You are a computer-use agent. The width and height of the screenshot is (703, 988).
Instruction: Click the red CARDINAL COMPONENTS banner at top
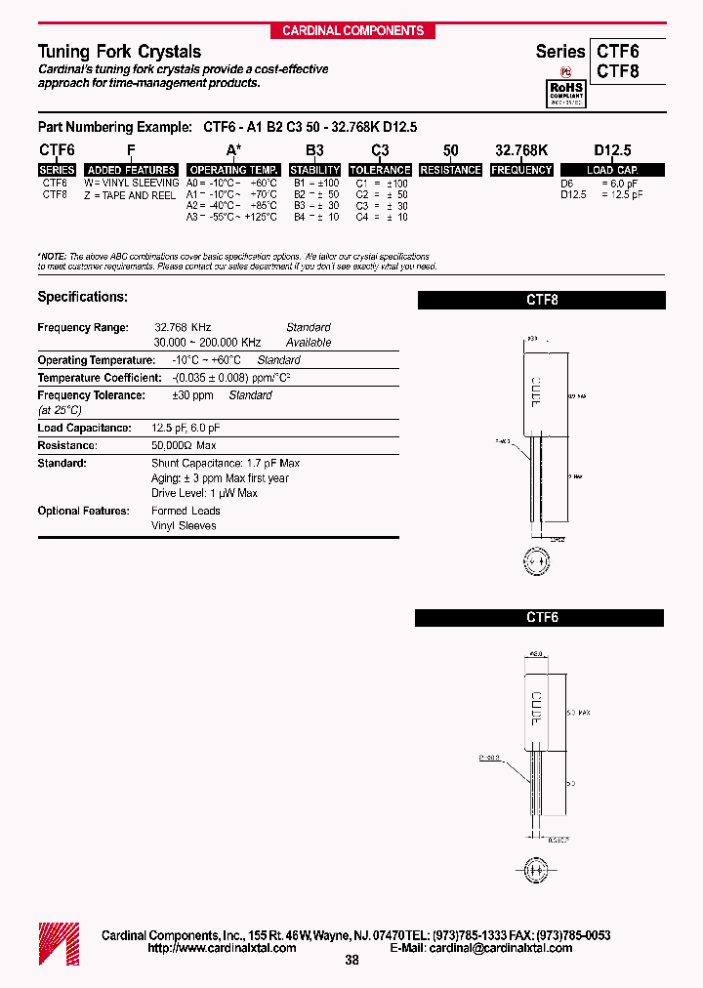(x=352, y=31)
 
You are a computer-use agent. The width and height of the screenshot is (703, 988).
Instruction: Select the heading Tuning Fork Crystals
(x=119, y=52)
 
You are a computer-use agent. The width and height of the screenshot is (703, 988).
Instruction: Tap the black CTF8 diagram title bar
(x=541, y=301)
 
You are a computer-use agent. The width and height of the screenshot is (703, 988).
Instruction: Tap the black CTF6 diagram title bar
(x=541, y=618)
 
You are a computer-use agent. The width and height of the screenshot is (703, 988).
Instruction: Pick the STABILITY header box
(x=314, y=170)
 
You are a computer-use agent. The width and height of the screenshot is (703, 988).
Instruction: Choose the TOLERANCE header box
(x=380, y=170)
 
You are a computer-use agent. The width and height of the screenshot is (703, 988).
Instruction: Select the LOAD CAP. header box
(x=613, y=170)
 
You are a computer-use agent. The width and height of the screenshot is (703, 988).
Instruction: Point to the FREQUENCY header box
(x=521, y=170)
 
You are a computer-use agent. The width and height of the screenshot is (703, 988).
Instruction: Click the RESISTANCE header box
(x=450, y=170)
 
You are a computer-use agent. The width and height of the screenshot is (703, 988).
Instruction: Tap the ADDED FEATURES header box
(x=132, y=170)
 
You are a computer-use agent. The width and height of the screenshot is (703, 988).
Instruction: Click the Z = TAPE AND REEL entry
(x=130, y=195)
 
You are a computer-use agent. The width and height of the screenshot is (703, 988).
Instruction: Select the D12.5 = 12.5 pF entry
(x=601, y=195)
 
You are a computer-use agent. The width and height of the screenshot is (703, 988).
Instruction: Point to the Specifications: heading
(x=82, y=297)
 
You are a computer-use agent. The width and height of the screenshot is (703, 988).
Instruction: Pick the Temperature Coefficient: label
(x=99, y=378)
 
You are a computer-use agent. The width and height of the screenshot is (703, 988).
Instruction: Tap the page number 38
(x=352, y=961)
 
